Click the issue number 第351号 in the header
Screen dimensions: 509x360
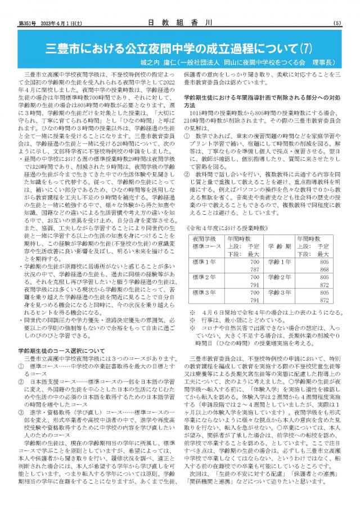coord(28,23)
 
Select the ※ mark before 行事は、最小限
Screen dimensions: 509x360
coord(193,318)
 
